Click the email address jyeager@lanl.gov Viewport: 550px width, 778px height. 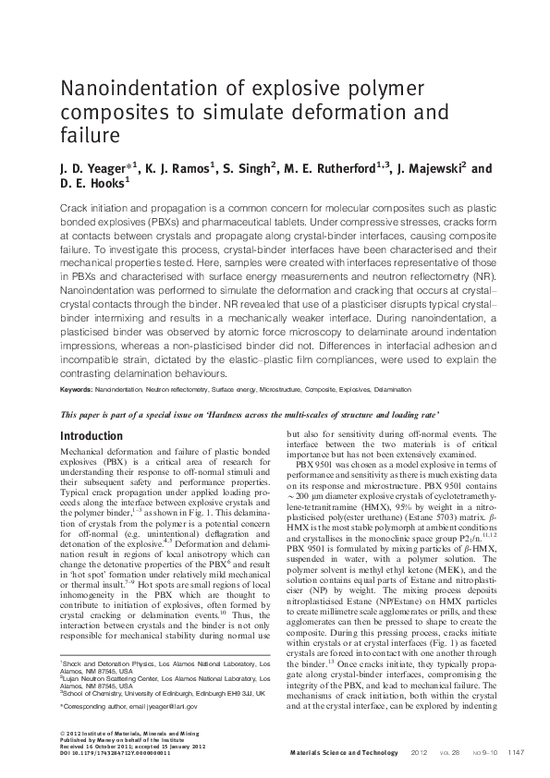click(x=166, y=706)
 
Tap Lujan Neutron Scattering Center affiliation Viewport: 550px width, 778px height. click(x=120, y=676)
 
